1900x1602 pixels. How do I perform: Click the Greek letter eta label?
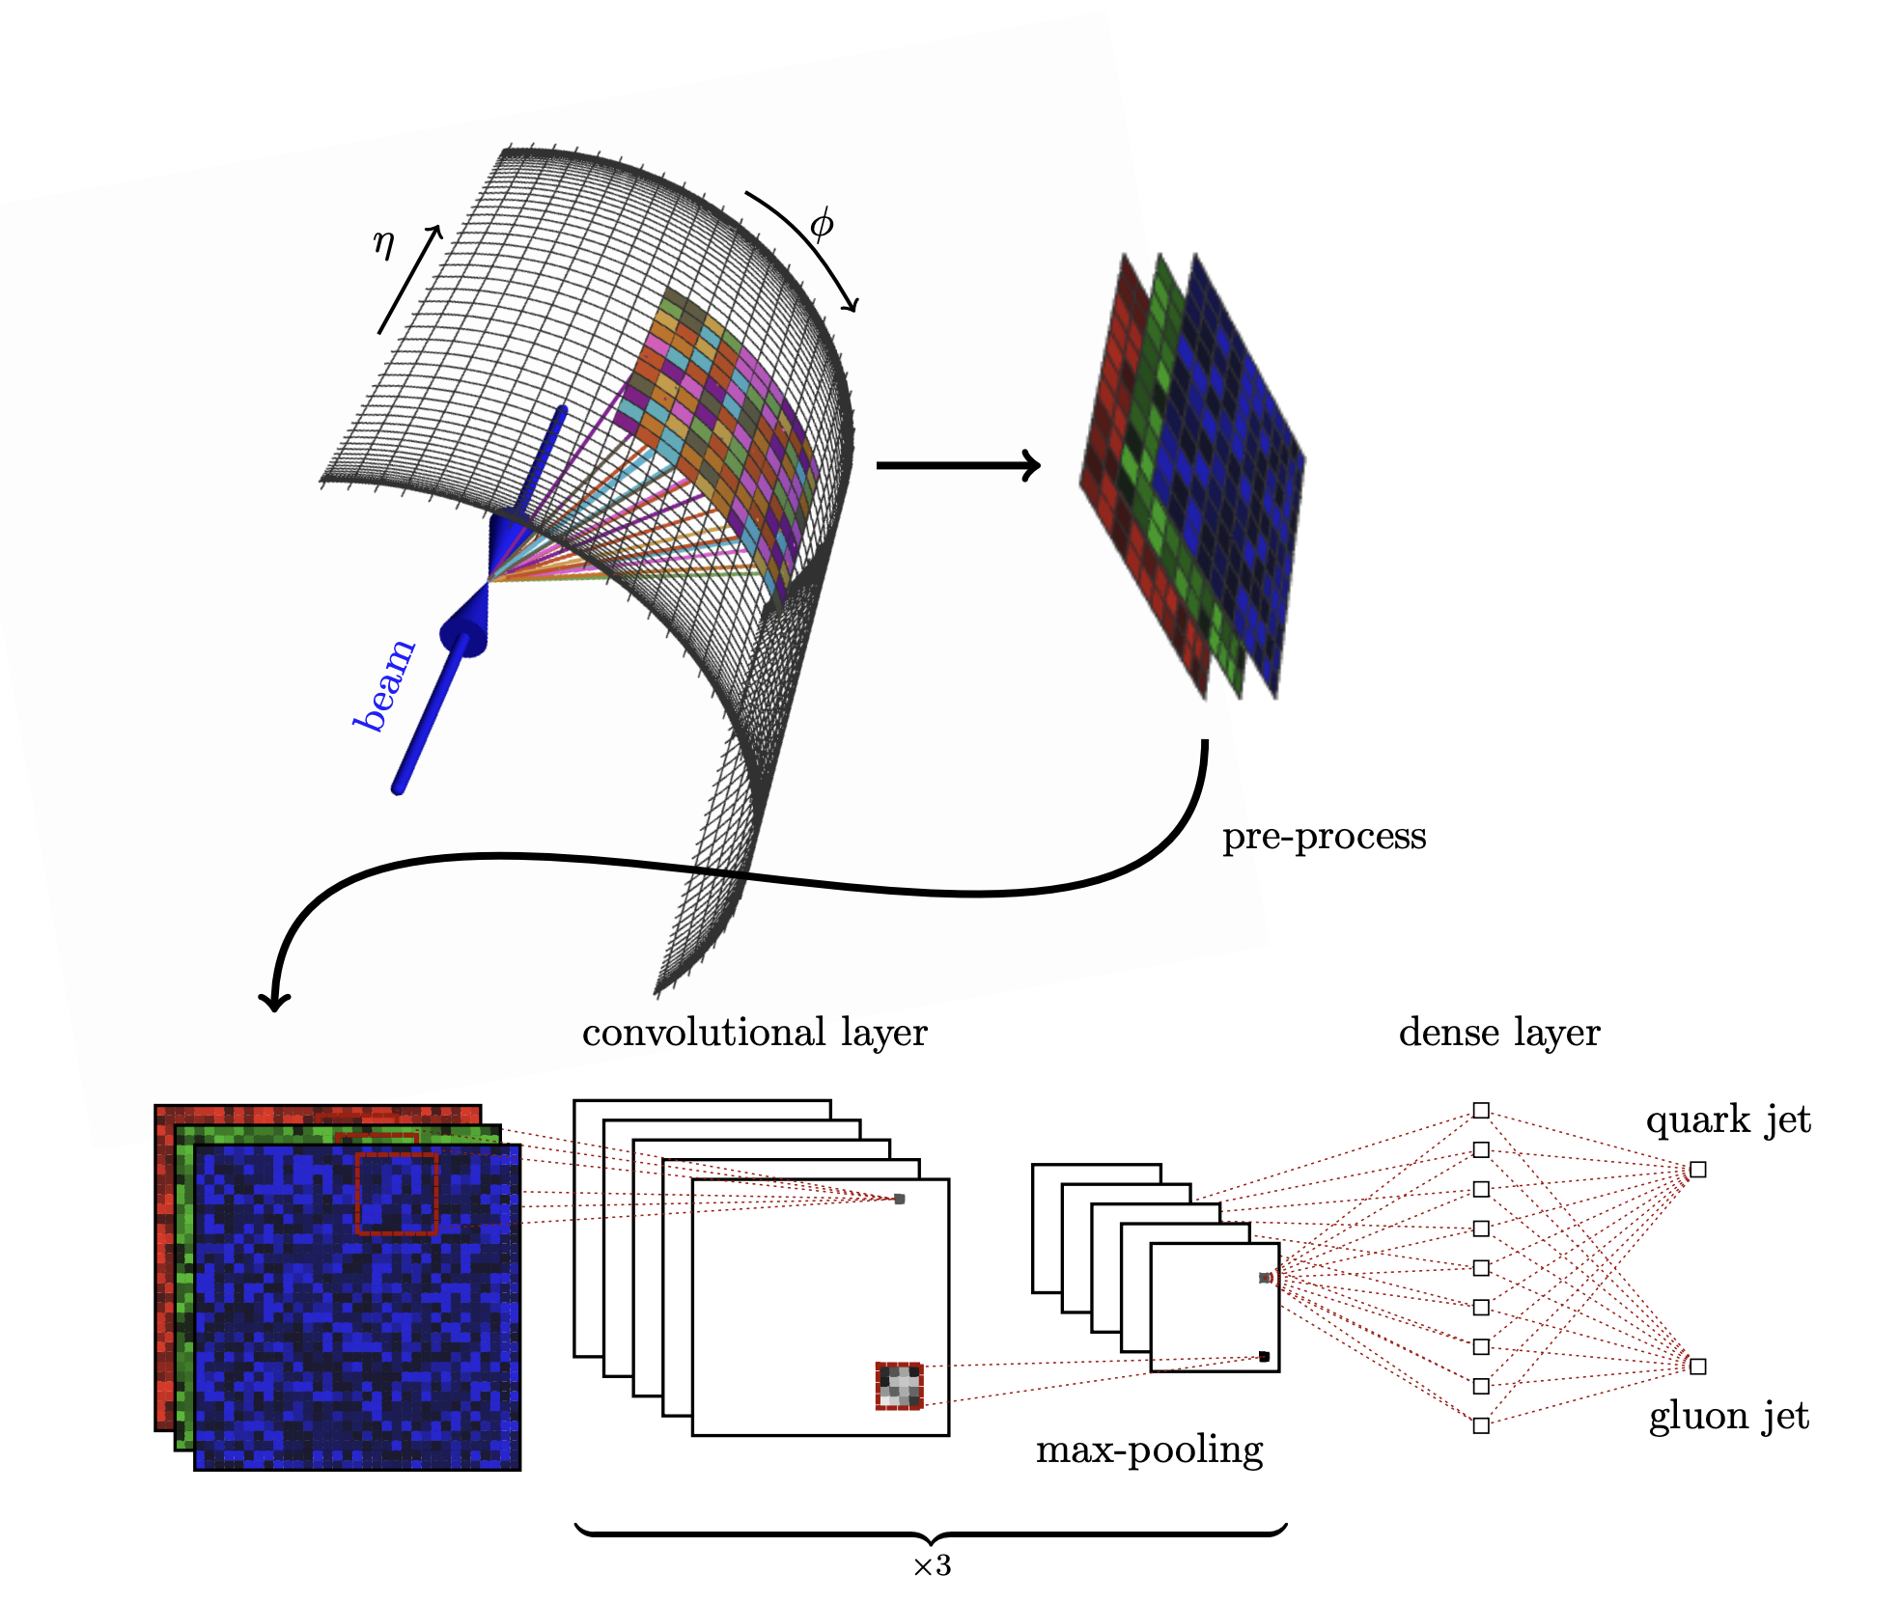coord(383,243)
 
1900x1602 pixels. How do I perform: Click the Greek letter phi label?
coord(822,224)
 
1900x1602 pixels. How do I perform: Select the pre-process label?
coord(1324,836)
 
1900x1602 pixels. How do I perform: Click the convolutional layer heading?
coord(754,1033)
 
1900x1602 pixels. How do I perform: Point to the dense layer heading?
coord(1498,1033)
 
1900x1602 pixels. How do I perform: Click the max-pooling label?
coord(1149,1450)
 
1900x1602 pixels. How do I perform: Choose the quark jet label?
coord(1727,1119)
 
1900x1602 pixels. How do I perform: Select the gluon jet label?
coord(1728,1416)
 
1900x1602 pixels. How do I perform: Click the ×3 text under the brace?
coord(932,1565)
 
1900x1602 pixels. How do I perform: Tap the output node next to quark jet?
coord(1698,1170)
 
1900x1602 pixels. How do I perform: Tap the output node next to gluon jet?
coord(1698,1367)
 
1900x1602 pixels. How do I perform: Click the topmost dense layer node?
coord(1481,1111)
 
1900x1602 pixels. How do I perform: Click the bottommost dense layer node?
coord(1481,1425)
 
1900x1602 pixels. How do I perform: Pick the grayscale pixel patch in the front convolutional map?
coord(899,1386)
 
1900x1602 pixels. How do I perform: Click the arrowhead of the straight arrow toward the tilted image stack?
coord(1030,465)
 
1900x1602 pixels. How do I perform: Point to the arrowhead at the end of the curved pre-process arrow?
coord(275,1000)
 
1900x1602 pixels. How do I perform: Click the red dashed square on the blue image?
coord(397,1193)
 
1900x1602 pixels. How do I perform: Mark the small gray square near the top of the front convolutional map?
coord(899,1199)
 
